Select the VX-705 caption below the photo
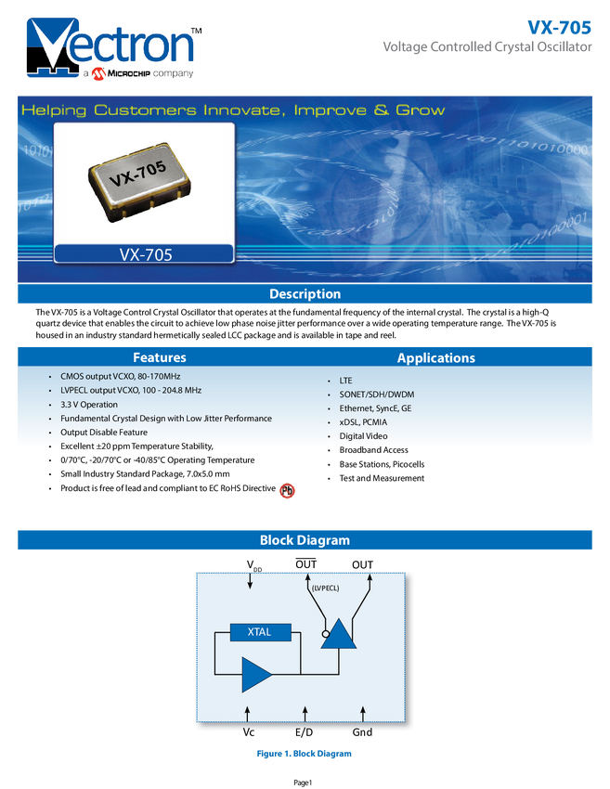[145, 254]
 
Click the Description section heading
[305, 294]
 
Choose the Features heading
[160, 357]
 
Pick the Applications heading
[435, 357]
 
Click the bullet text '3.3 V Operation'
[89, 405]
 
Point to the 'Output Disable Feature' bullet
[104, 433]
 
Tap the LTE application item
[345, 382]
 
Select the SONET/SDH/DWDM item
[376, 394]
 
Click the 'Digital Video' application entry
[363, 436]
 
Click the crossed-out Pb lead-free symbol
[288, 491]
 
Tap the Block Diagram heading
[305, 540]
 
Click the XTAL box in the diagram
[259, 632]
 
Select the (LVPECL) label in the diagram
[325, 588]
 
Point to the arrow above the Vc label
[249, 713]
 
